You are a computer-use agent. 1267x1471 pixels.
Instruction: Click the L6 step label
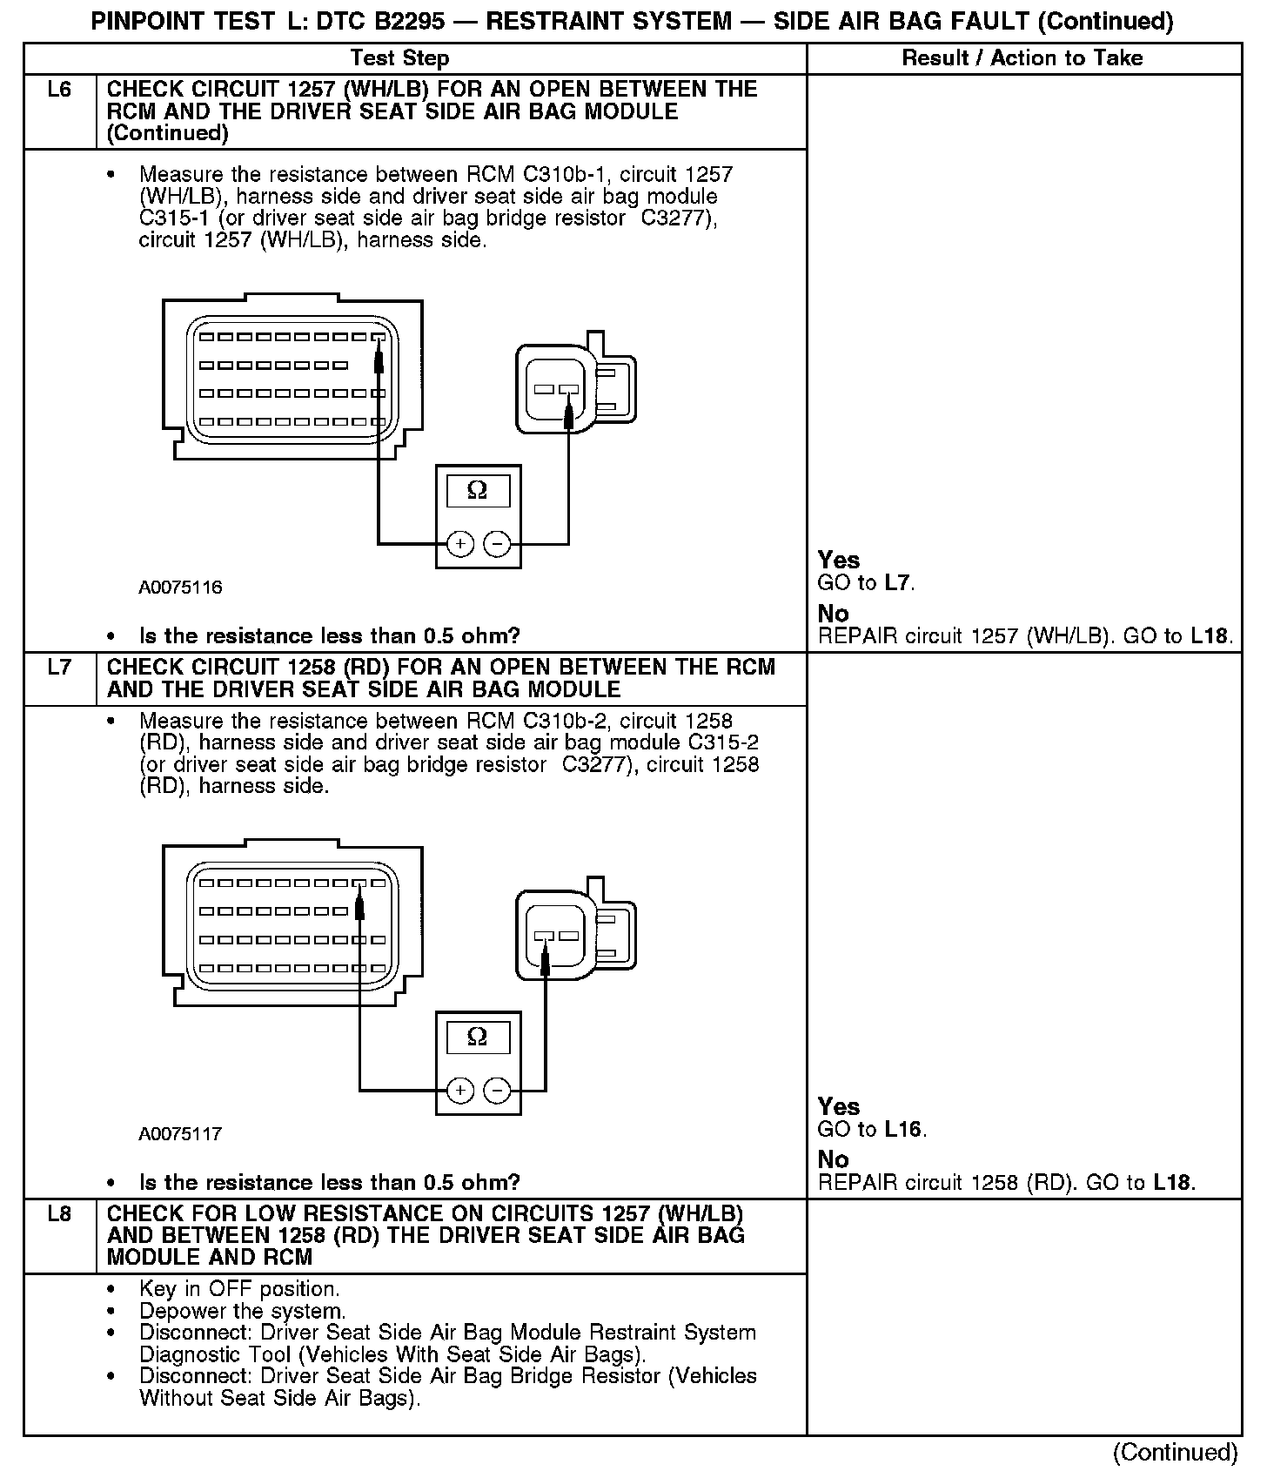(x=59, y=90)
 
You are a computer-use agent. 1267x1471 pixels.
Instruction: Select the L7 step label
(x=59, y=668)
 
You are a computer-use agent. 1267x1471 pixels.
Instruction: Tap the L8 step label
(x=59, y=1214)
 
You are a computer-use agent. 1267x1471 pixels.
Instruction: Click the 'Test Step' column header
(x=399, y=58)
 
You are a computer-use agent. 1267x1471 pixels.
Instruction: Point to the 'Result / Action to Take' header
(x=1022, y=58)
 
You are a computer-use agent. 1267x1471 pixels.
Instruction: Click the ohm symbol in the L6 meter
(x=478, y=490)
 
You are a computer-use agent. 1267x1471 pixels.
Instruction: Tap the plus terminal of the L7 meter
(x=459, y=1091)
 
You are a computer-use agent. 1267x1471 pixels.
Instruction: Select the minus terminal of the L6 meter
(x=497, y=544)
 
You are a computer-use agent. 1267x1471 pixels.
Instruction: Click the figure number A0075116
(x=180, y=588)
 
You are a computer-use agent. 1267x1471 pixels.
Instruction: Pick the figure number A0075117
(x=180, y=1134)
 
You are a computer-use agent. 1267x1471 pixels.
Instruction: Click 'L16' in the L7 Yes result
(x=902, y=1130)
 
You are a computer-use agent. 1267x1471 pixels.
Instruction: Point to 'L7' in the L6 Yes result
(x=898, y=583)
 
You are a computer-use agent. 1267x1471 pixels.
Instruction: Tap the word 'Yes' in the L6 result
(x=839, y=561)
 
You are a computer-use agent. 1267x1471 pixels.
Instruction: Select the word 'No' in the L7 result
(x=833, y=1159)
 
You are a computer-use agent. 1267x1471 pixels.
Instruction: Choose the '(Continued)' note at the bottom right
(x=1175, y=1452)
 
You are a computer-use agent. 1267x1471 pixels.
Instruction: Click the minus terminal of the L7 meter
(x=497, y=1091)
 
